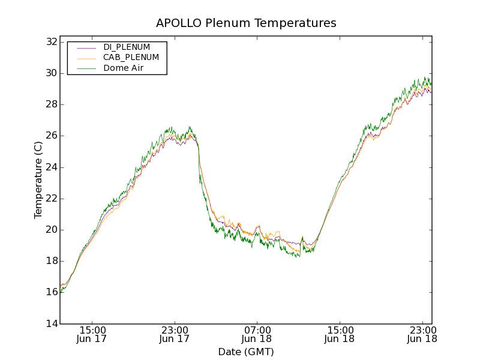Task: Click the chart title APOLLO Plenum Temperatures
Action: coord(246,23)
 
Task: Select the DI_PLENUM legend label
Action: coord(127,47)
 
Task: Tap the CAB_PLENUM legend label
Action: coord(131,58)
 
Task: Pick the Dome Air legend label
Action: coord(123,68)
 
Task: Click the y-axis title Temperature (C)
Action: coord(38,180)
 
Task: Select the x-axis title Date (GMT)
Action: coord(246,352)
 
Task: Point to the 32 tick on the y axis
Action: coord(50,42)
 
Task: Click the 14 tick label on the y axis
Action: coord(50,323)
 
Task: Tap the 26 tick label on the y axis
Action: coord(50,136)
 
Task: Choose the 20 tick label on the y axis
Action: coord(50,230)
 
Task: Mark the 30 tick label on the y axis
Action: coord(50,73)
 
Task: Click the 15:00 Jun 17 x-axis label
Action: coord(92,334)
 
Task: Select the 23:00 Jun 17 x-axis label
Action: coord(175,334)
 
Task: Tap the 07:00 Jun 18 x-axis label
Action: coord(257,334)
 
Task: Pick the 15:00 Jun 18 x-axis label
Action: coord(339,334)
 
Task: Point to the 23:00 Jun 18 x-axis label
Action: coord(421,334)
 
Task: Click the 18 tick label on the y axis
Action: coord(50,261)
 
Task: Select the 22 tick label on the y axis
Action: coord(50,199)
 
